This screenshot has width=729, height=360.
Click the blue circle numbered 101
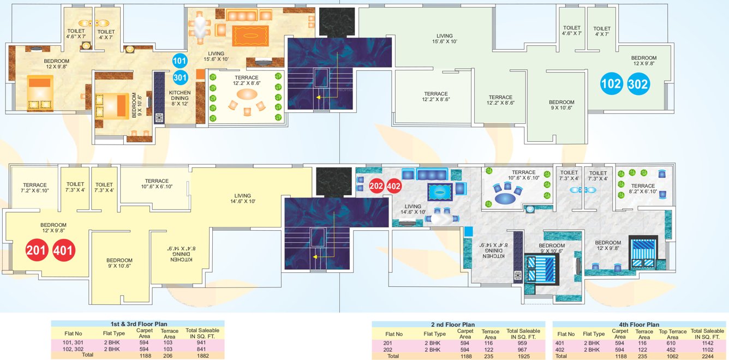coord(180,61)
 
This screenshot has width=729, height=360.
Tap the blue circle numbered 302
coord(638,84)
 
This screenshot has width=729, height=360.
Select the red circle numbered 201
coord(37,251)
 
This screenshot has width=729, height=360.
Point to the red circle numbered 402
coord(394,186)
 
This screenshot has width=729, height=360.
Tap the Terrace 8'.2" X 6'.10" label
coord(642,189)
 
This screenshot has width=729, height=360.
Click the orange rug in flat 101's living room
coord(251,36)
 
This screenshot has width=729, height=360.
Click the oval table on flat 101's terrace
coord(245,94)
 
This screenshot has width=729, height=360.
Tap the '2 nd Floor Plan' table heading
coord(458,325)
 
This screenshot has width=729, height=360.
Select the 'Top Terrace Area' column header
coord(672,334)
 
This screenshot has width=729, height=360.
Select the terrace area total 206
coord(170,355)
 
